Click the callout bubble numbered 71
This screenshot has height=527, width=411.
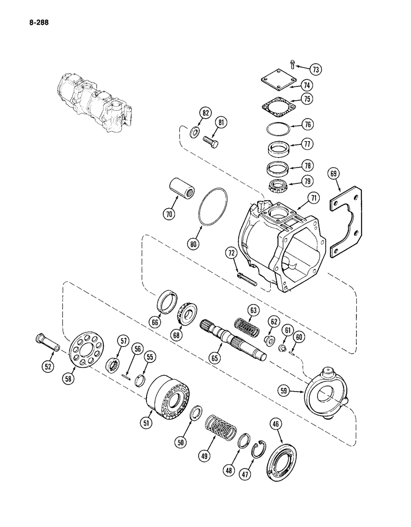pos(314,199)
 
